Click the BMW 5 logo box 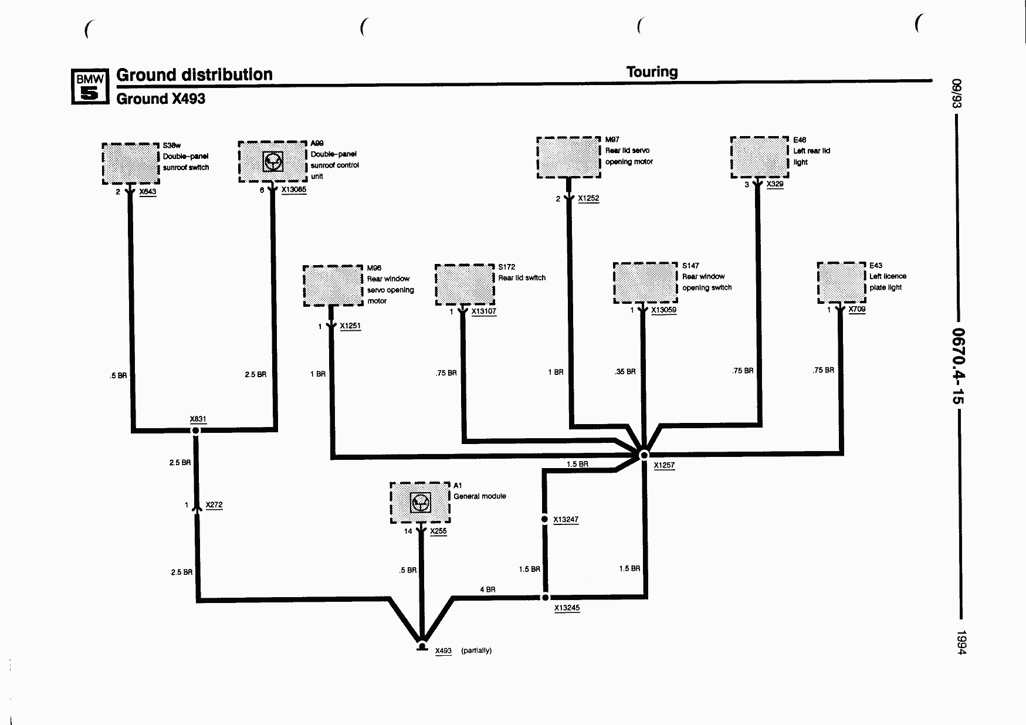click(x=90, y=86)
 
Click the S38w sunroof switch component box click(x=131, y=163)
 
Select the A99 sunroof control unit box click(x=273, y=161)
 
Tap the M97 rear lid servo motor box click(x=568, y=157)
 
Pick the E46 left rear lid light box click(x=760, y=157)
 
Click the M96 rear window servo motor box click(x=333, y=286)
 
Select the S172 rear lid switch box click(x=465, y=284)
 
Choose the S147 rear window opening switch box click(x=645, y=283)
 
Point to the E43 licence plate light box click(x=842, y=283)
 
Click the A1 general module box click(x=420, y=503)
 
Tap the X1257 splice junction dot click(x=644, y=455)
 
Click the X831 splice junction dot click(x=196, y=431)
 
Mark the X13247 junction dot click(x=544, y=519)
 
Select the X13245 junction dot click(x=545, y=597)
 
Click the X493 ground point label click(x=443, y=651)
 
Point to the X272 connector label click(x=214, y=505)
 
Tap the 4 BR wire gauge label click(x=487, y=590)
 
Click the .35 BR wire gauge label click(x=625, y=371)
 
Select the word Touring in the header click(x=652, y=72)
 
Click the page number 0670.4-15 click(x=957, y=365)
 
